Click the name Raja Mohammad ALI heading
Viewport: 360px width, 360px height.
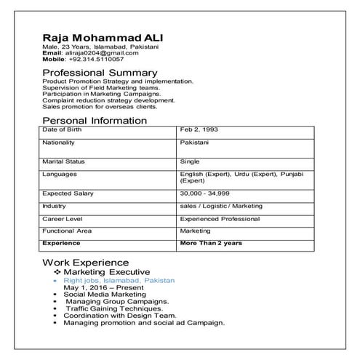(x=102, y=38)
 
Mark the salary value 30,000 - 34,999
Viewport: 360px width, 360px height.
(x=207, y=194)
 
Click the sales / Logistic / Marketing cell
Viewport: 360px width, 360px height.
(x=221, y=207)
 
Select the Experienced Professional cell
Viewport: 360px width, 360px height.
(x=220, y=218)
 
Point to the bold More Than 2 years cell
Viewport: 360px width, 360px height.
(x=211, y=242)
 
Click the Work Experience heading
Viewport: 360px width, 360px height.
(x=86, y=262)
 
